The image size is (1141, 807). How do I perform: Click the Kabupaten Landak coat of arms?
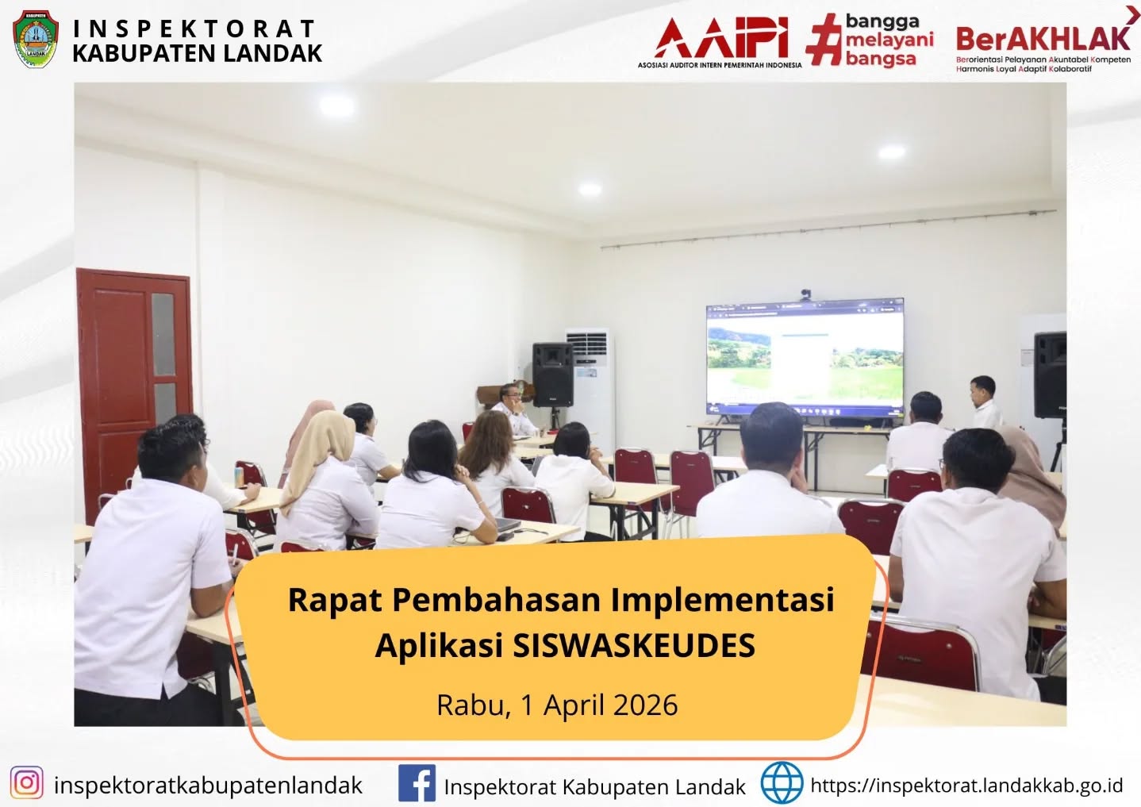pos(36,39)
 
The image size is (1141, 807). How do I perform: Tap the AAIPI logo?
pos(720,43)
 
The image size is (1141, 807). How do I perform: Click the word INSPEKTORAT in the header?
pos(194,29)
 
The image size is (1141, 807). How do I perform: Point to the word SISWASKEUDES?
pos(634,645)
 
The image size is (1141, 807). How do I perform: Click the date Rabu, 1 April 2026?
pos(557,705)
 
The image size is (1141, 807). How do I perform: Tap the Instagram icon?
pos(26,782)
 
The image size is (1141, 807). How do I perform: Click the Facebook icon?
pos(417,783)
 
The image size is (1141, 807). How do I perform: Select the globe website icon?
pos(782,782)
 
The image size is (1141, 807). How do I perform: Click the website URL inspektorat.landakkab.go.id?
pos(966,785)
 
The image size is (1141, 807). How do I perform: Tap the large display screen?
pos(805,357)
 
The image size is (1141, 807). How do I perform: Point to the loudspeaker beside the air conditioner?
pos(553,375)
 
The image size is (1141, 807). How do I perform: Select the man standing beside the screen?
pos(985,402)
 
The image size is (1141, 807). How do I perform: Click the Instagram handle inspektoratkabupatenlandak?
pos(209,785)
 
